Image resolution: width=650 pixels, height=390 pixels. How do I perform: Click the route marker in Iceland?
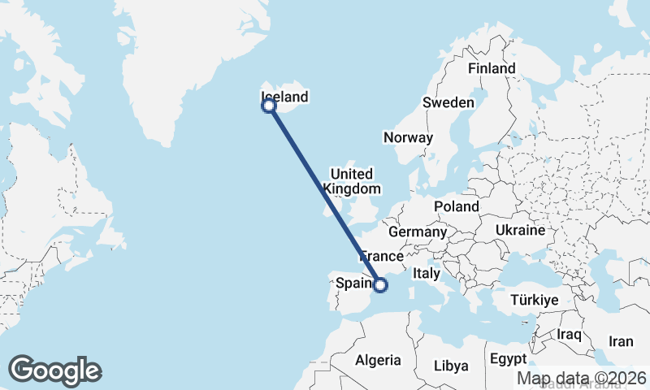[x=268, y=105]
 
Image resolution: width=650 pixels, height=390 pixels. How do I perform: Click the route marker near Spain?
[x=379, y=284]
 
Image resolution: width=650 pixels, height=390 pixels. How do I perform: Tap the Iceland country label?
[x=285, y=97]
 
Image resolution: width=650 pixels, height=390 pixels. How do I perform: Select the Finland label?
[x=492, y=68]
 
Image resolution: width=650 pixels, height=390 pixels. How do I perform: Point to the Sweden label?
[x=448, y=102]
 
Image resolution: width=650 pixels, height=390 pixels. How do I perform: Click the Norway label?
[x=409, y=137]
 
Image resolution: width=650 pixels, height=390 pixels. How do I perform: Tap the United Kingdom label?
[x=352, y=181]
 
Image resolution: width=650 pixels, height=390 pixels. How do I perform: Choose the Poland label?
[x=456, y=207]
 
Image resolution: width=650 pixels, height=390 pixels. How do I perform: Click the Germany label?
[x=418, y=232]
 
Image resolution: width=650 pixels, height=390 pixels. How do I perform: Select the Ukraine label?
[x=519, y=231]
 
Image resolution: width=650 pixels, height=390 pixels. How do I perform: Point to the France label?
[x=382, y=256]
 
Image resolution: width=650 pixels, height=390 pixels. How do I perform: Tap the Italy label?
[x=427, y=274]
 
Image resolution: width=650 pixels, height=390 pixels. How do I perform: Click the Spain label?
[x=353, y=284]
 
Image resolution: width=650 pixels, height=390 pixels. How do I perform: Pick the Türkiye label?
[x=534, y=301]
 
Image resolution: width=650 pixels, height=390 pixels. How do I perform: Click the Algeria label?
[x=378, y=360]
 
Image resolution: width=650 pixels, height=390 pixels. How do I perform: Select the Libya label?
[x=451, y=365]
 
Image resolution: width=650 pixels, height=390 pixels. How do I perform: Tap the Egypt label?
[x=509, y=358]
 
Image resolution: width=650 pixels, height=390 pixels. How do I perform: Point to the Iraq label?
[x=570, y=335]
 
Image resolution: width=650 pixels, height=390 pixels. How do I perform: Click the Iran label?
[x=621, y=342]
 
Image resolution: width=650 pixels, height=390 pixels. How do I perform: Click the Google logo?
[x=54, y=370]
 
